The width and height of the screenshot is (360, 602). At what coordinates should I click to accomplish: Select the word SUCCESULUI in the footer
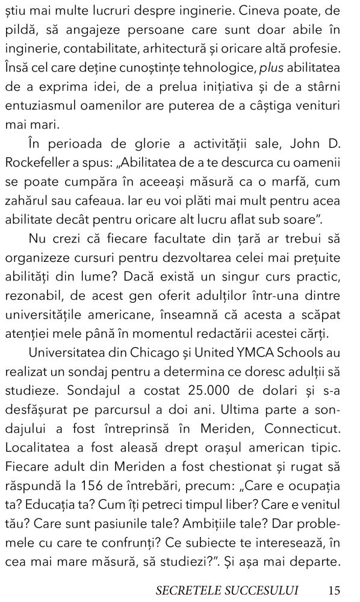click(x=262, y=589)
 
